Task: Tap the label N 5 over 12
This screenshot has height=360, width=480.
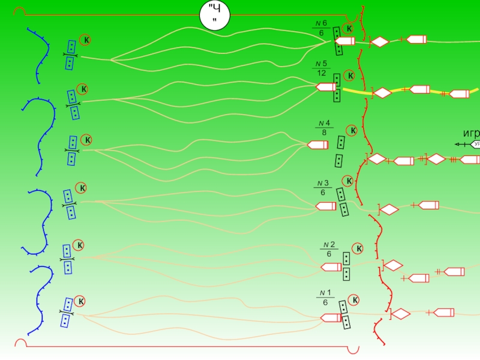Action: pyautogui.click(x=322, y=68)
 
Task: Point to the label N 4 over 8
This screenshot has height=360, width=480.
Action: pyautogui.click(x=324, y=128)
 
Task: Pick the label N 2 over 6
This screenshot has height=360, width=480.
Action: pyautogui.click(x=329, y=249)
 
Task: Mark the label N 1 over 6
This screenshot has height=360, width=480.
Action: pyautogui.click(x=325, y=298)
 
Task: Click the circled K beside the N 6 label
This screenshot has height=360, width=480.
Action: pyautogui.click(x=349, y=29)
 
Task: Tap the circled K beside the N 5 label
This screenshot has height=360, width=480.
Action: pyautogui.click(x=350, y=76)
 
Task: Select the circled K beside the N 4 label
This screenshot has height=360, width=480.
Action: pyautogui.click(x=352, y=130)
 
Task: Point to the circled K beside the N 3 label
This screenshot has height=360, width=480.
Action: pyautogui.click(x=348, y=181)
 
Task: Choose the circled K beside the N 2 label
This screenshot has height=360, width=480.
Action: pyautogui.click(x=358, y=249)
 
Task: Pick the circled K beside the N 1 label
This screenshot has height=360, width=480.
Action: pyautogui.click(x=354, y=300)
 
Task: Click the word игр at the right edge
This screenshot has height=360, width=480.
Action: pyautogui.click(x=470, y=133)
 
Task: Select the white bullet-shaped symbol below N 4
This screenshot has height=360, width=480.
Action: pyautogui.click(x=317, y=145)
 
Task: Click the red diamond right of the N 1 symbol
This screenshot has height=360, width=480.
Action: pyautogui.click(x=400, y=314)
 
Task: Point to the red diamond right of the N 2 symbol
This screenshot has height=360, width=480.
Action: pyautogui.click(x=394, y=265)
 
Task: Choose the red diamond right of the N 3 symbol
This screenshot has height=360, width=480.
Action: pyautogui.click(x=389, y=209)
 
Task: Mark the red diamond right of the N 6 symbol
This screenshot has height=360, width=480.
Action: pyautogui.click(x=380, y=41)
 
